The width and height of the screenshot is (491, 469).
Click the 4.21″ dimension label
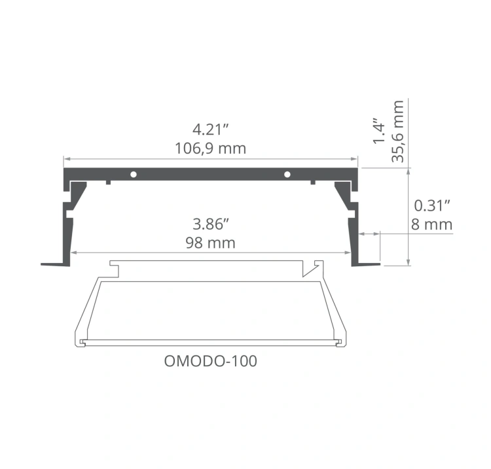pyautogui.click(x=210, y=129)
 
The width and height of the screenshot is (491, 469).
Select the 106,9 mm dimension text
pyautogui.click(x=210, y=148)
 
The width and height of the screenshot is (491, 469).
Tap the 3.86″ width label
pyautogui.click(x=210, y=224)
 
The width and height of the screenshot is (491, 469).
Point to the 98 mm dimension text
pyautogui.click(x=210, y=243)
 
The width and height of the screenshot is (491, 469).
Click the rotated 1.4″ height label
pyautogui.click(x=378, y=131)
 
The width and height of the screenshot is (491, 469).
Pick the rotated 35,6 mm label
pyautogui.click(x=397, y=130)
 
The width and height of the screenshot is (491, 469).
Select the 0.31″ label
pyautogui.click(x=433, y=205)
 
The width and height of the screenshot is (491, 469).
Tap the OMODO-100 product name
pyautogui.click(x=209, y=360)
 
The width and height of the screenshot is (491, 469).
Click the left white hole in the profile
pyautogui.click(x=133, y=174)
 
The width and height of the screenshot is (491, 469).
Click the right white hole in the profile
pyautogui.click(x=287, y=174)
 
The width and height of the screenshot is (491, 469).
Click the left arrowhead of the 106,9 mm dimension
pyautogui.click(x=65, y=158)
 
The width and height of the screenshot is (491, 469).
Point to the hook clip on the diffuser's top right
pyautogui.click(x=312, y=267)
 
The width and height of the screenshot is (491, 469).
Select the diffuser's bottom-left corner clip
pyautogui.click(x=81, y=341)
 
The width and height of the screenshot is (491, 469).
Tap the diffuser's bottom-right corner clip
pyautogui.click(x=339, y=341)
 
